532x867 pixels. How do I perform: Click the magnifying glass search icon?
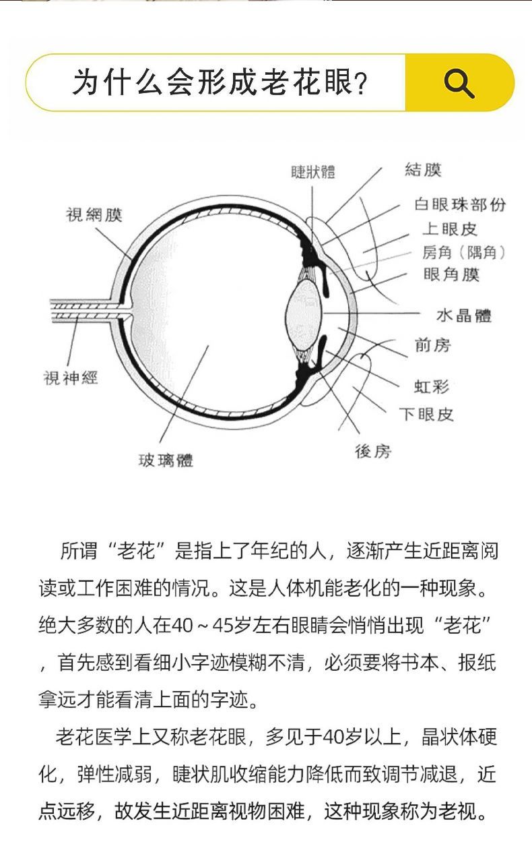(x=459, y=84)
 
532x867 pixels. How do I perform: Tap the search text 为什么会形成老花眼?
(x=220, y=84)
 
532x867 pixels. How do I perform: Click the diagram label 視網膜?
(x=94, y=215)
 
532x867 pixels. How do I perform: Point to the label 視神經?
(x=71, y=378)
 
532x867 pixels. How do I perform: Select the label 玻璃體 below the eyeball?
(x=166, y=460)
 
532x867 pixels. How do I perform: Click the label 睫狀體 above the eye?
(x=312, y=172)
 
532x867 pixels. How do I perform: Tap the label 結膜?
(x=423, y=170)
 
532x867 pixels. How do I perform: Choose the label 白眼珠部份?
(x=460, y=205)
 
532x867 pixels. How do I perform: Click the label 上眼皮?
(x=449, y=229)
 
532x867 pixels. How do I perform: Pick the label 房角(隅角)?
(x=463, y=252)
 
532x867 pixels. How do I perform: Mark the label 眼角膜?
(x=451, y=275)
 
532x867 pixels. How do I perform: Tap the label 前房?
(x=432, y=346)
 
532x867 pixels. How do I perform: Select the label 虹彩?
(x=431, y=386)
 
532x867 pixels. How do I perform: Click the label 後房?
(x=373, y=451)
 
